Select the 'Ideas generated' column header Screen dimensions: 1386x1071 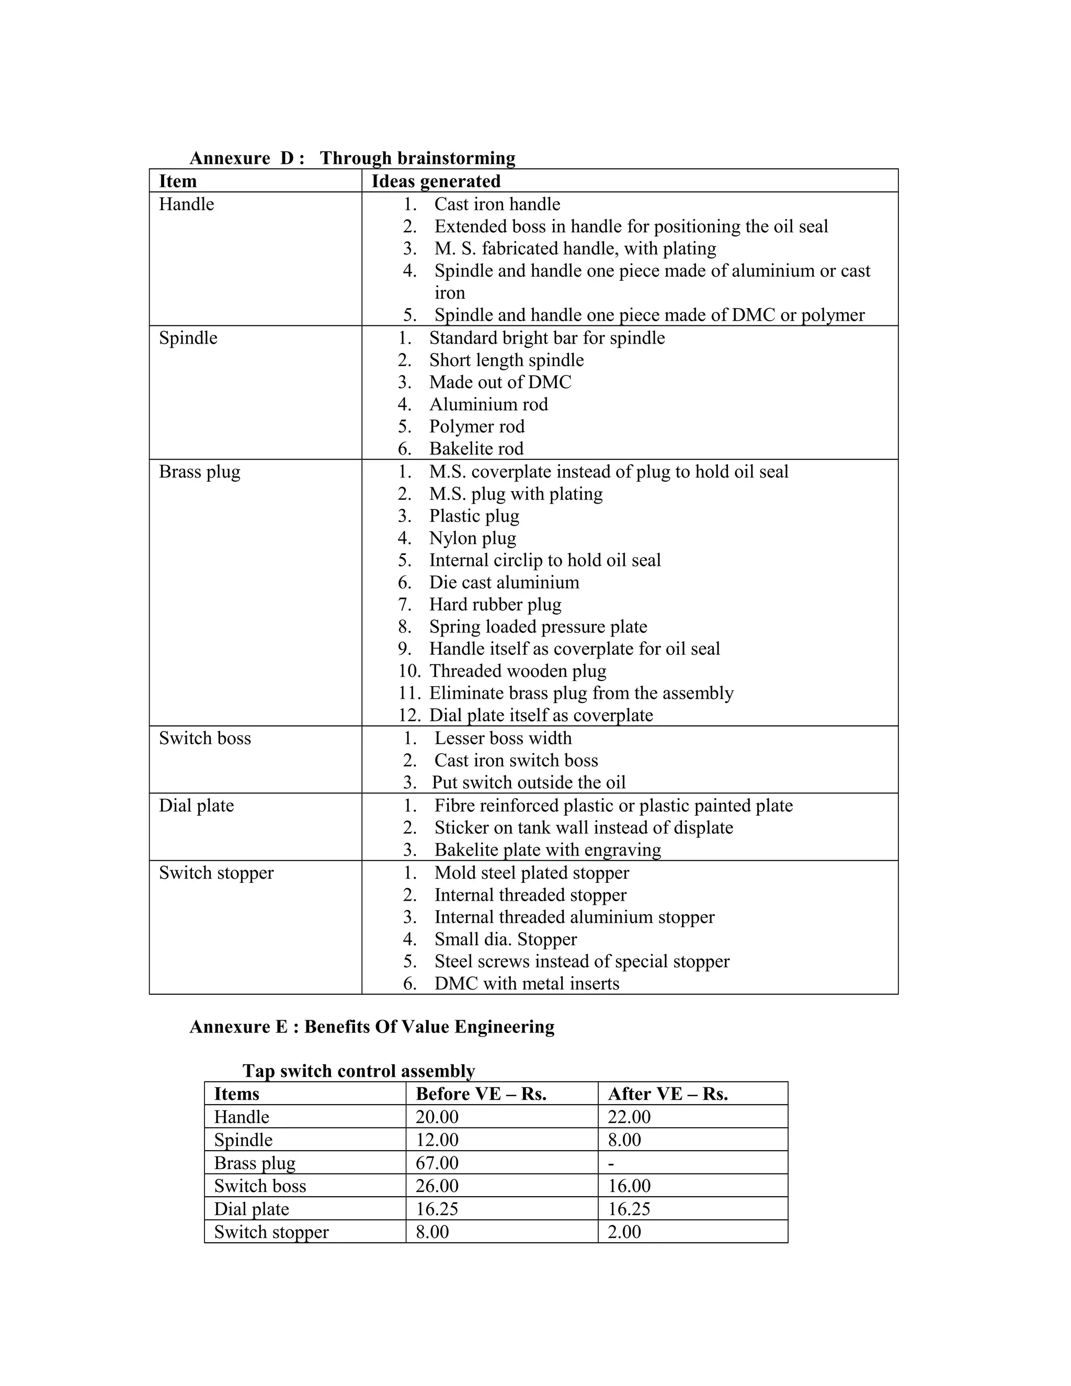[x=436, y=181]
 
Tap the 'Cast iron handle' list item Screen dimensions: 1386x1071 [x=497, y=205]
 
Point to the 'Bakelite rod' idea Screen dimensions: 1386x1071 [x=476, y=449]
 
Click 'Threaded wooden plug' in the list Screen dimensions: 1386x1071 [x=518, y=671]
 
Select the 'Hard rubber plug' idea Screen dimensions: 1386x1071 [x=495, y=604]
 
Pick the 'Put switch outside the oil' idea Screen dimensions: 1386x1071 [x=529, y=782]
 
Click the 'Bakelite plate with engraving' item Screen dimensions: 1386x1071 [x=548, y=850]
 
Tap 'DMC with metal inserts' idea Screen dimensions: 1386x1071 [x=527, y=984]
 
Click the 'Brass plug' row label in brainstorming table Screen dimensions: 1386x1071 [x=200, y=472]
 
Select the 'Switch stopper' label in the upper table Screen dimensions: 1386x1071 [x=217, y=873]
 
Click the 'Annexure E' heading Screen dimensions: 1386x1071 [x=372, y=1027]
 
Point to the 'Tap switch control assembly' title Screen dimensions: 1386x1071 [x=358, y=1071]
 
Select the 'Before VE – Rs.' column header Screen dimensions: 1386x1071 [x=481, y=1094]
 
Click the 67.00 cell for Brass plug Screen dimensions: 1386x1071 [x=437, y=1163]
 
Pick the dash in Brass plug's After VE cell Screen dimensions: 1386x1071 [x=611, y=1164]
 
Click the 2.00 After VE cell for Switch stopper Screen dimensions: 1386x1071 [x=624, y=1232]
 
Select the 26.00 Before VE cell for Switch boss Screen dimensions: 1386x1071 [x=437, y=1186]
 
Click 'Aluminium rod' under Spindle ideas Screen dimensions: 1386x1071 [x=488, y=404]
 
